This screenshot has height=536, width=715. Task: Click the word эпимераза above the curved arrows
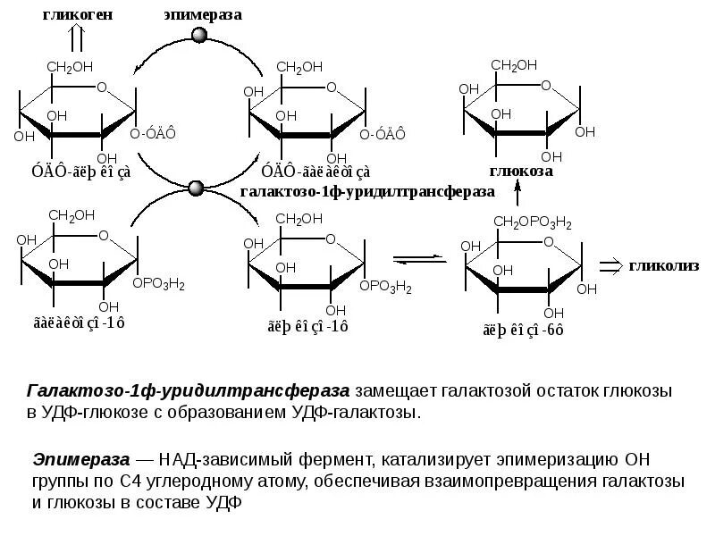203,14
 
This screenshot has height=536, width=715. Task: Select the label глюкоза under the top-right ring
521,170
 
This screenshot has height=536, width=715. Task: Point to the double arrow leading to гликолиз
610,265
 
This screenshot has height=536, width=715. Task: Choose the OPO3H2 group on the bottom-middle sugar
386,287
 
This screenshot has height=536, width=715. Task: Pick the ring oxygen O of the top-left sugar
101,88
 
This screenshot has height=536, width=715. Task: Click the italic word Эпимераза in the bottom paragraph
80,459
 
